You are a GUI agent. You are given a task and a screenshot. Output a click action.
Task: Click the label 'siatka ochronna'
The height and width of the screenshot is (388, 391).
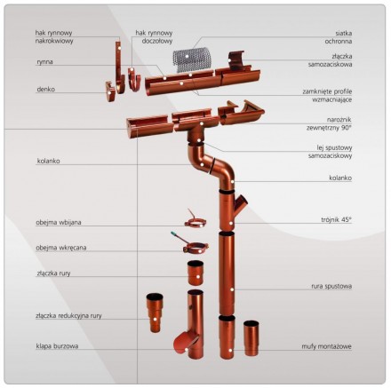(x=339, y=37)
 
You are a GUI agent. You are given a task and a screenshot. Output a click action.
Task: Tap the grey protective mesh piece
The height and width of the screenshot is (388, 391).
(x=192, y=60)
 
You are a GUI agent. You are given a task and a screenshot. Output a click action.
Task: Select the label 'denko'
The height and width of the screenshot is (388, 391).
(x=46, y=89)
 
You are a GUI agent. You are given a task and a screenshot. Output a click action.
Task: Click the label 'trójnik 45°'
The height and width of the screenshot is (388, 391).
(x=336, y=219)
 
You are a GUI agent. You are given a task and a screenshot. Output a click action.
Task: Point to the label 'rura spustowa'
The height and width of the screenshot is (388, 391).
(x=331, y=286)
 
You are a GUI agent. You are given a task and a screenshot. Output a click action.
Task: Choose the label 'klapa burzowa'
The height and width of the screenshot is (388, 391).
(x=57, y=346)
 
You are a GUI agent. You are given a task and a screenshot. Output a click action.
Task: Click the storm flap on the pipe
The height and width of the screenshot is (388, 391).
(x=186, y=342)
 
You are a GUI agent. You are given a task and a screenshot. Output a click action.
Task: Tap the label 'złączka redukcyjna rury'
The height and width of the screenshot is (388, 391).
(x=68, y=316)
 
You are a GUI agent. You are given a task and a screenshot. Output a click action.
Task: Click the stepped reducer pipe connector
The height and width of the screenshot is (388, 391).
(x=155, y=313)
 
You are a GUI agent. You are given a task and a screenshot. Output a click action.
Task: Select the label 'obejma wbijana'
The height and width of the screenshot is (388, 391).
(x=59, y=222)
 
